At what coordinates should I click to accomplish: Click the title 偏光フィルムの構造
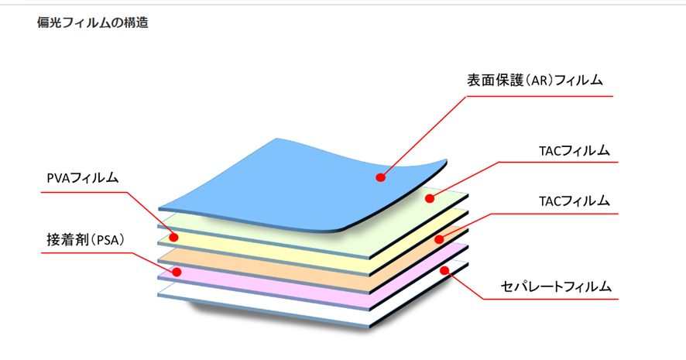click(x=92, y=23)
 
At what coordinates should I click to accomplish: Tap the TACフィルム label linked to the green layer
click(x=574, y=149)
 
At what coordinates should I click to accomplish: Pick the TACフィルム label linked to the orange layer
click(x=574, y=201)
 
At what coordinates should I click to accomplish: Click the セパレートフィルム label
click(x=557, y=286)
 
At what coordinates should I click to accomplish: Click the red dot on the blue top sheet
click(x=380, y=177)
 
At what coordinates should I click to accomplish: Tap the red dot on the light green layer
click(x=430, y=199)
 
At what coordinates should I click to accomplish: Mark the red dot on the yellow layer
click(x=174, y=237)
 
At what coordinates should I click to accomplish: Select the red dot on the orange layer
click(x=439, y=239)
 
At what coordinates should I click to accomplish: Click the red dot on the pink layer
click(x=177, y=272)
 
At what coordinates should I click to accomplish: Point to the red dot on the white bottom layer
click(x=444, y=270)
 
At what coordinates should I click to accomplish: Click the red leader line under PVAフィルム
click(x=85, y=191)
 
